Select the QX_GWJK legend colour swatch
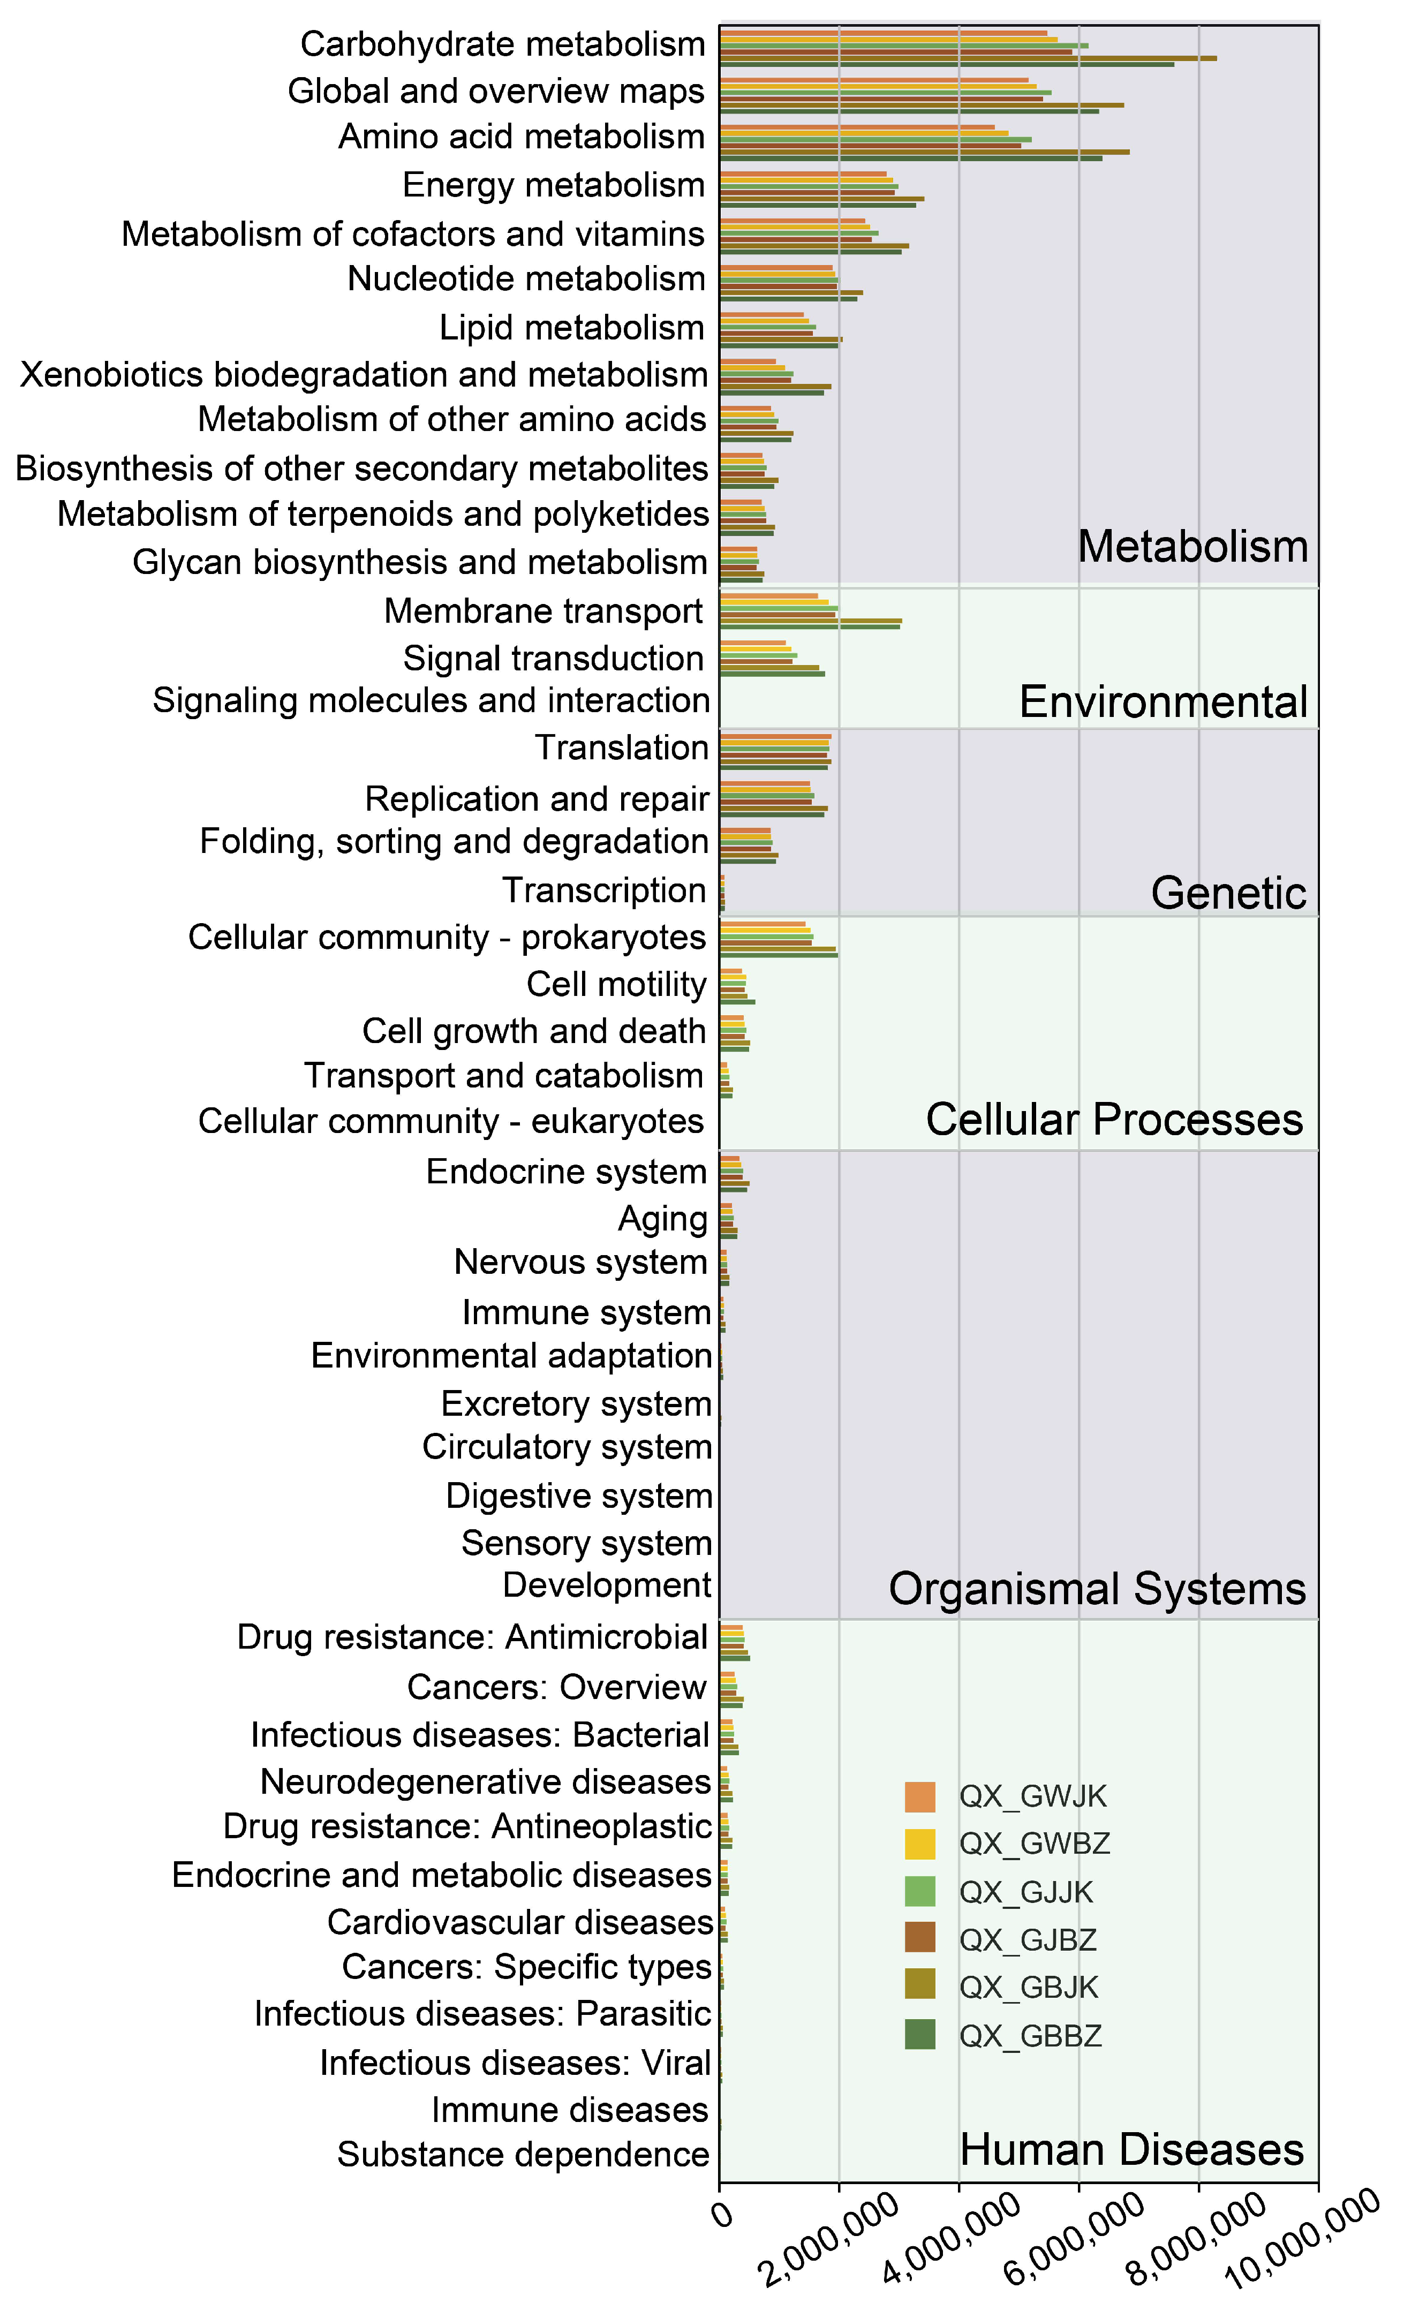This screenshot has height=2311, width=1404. click(919, 1796)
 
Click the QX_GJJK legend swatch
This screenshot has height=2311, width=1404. click(919, 1892)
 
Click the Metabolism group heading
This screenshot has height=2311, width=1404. click(1192, 546)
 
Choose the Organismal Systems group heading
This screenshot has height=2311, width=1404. click(1097, 1588)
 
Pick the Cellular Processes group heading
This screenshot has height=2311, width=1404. click(1114, 1119)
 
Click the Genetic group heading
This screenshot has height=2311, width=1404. click(1228, 892)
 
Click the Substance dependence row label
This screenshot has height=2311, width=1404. click(523, 2154)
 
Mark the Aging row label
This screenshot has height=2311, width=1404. click(662, 1218)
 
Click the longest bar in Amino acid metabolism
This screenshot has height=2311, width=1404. click(924, 151)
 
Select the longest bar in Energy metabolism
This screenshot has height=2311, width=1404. click(821, 198)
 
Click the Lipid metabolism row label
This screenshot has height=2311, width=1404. click(571, 327)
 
